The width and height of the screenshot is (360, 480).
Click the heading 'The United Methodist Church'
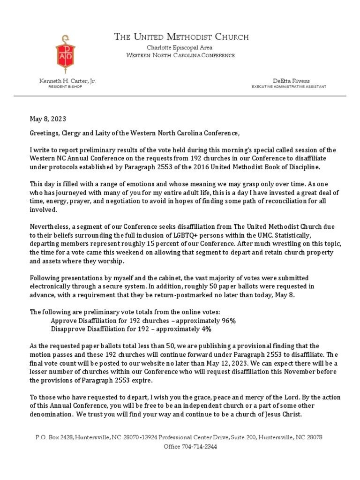[x=181, y=37]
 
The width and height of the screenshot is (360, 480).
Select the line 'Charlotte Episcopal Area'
[x=180, y=48]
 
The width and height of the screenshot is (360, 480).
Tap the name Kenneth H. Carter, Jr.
[x=67, y=81]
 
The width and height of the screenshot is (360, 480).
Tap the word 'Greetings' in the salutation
[x=46, y=133]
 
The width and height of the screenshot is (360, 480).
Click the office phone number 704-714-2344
[x=199, y=446]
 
